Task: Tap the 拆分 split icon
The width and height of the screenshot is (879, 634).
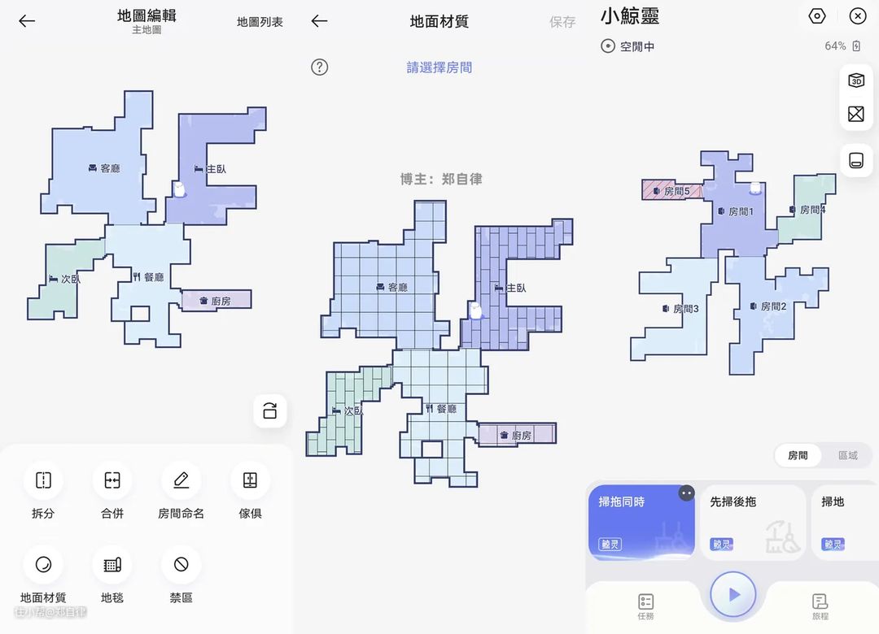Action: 43,480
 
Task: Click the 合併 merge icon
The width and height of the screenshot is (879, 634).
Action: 112,480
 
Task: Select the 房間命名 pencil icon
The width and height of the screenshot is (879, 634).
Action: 181,480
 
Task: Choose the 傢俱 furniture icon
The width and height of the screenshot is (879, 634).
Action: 250,480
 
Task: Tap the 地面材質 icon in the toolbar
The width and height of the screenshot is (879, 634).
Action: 43,564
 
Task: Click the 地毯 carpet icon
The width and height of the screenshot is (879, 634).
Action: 112,564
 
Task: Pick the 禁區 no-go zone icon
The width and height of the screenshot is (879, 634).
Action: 181,564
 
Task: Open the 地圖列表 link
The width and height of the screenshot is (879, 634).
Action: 260,22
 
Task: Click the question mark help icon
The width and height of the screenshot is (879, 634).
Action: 320,67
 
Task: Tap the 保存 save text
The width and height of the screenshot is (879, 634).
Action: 562,22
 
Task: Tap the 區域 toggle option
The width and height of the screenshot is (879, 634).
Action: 848,455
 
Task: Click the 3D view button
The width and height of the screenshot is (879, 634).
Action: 856,80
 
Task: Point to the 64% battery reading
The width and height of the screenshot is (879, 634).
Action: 836,46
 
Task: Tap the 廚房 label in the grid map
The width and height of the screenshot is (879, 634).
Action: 522,436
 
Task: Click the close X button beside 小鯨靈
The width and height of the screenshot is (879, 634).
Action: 858,16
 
